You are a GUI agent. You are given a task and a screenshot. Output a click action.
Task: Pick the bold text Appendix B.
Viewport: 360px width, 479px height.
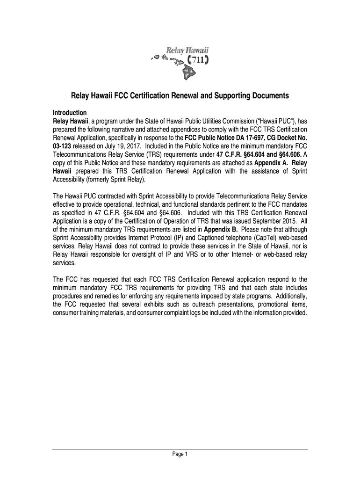point(221,229)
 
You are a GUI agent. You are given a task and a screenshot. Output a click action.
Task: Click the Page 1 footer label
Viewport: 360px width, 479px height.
point(180,454)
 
